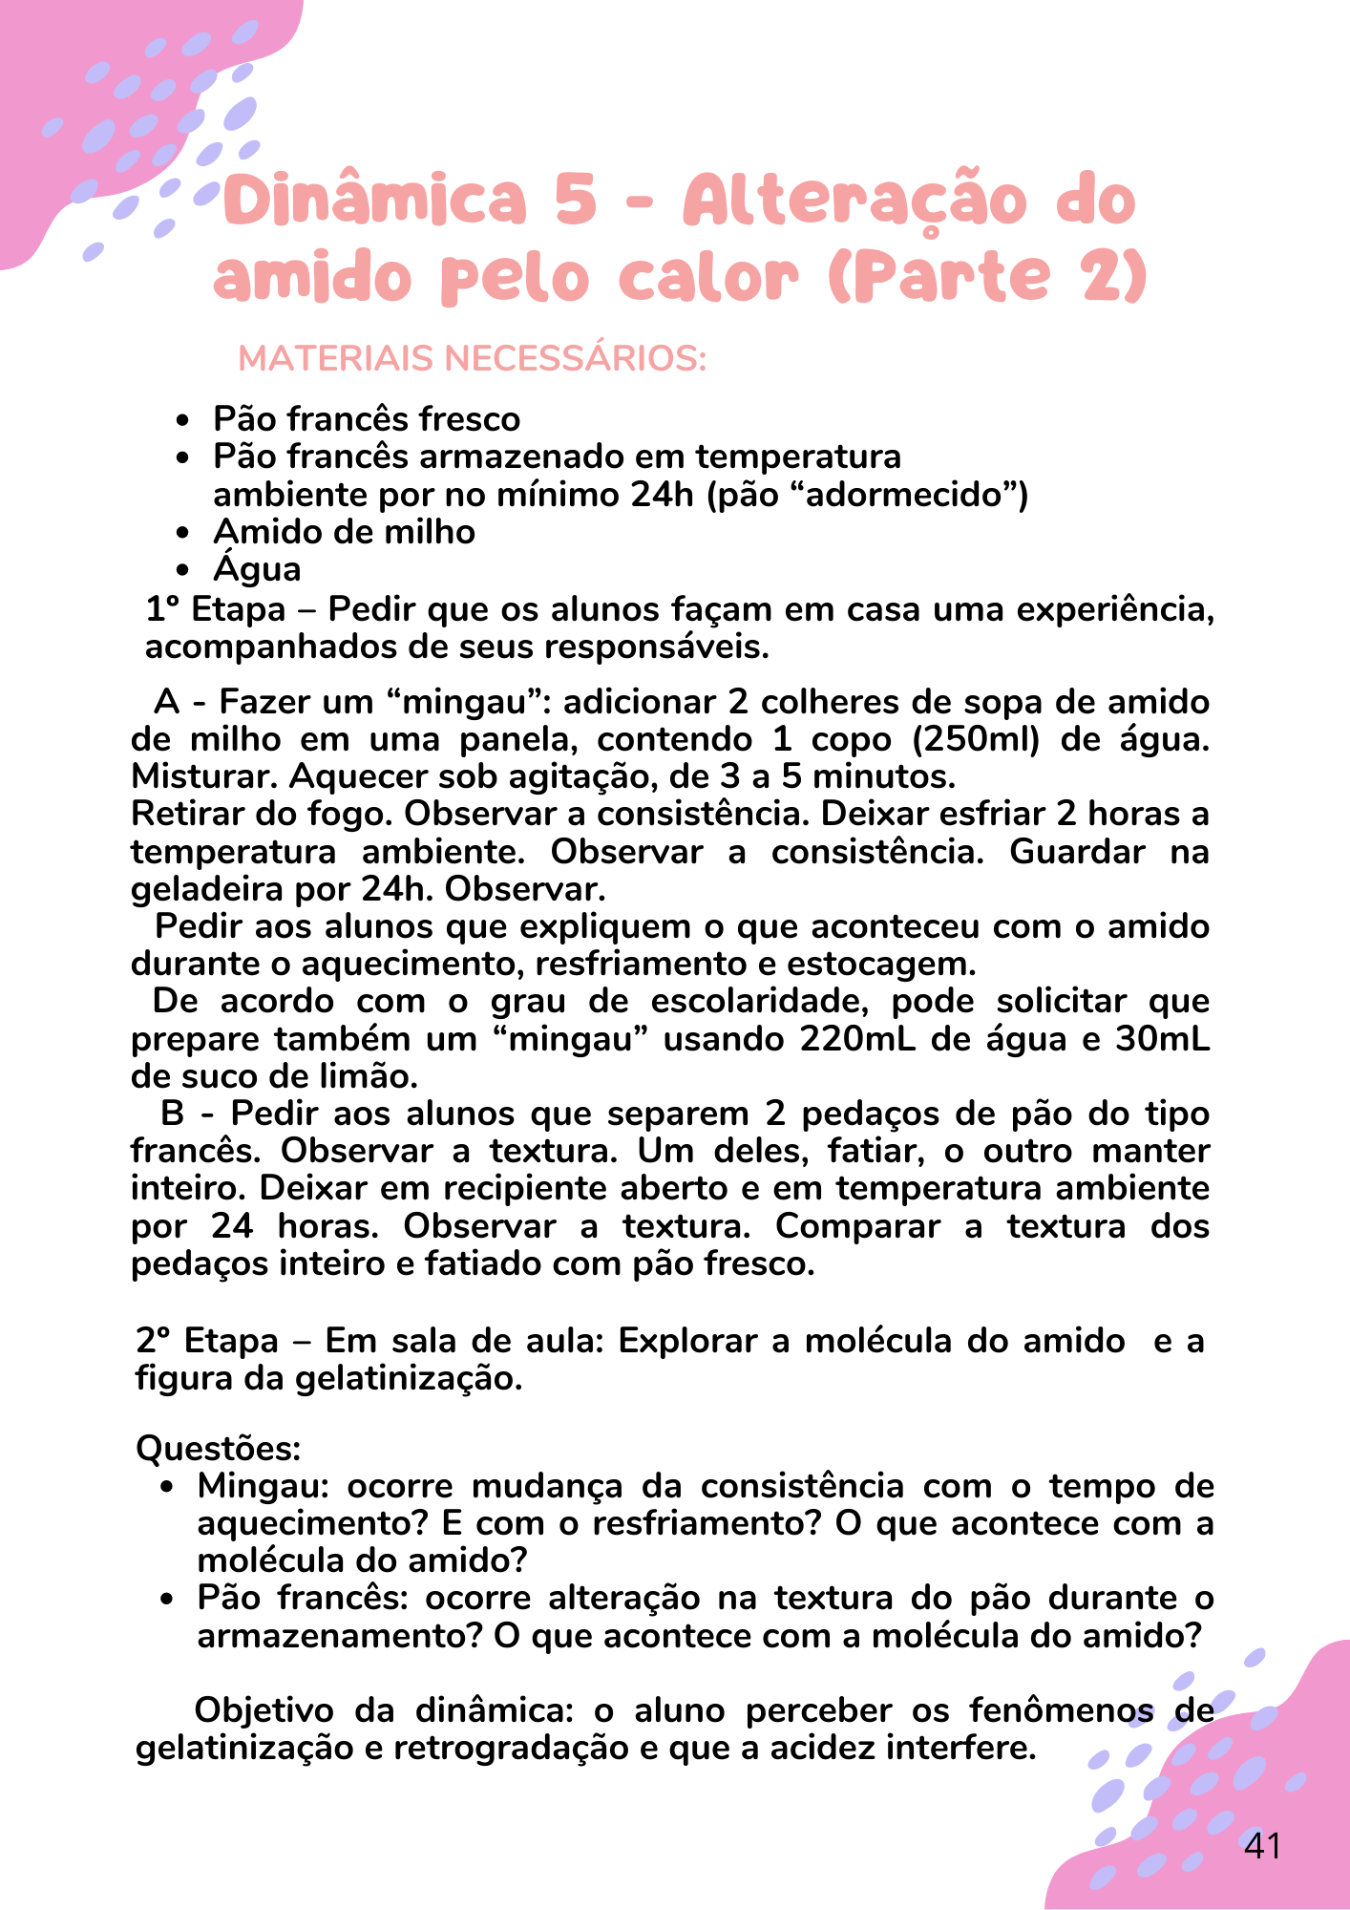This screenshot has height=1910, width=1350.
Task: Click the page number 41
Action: pyautogui.click(x=1262, y=1846)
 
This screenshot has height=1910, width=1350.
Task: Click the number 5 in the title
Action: pyautogui.click(x=575, y=201)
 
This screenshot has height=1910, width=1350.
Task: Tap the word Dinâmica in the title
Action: pyautogui.click(x=375, y=201)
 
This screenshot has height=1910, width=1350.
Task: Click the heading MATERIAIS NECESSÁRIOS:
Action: pyautogui.click(x=472, y=359)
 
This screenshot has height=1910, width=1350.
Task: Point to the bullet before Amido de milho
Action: pyautogui.click(x=183, y=533)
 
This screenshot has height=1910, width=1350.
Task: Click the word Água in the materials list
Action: pyautogui.click(x=257, y=569)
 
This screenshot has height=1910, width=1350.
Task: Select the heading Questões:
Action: pyautogui.click(x=219, y=1448)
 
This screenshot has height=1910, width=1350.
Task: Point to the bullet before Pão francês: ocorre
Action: pyautogui.click(x=167, y=1599)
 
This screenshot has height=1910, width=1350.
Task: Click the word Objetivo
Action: pyautogui.click(x=264, y=1710)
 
